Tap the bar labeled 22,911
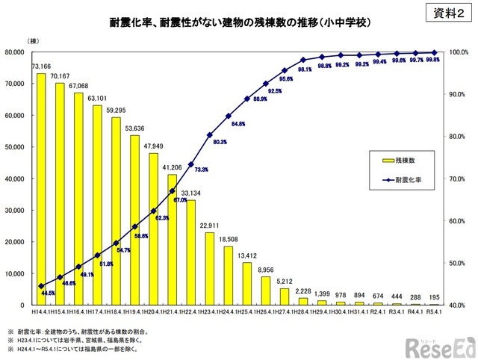click(x=210, y=269)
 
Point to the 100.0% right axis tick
click(x=456, y=52)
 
